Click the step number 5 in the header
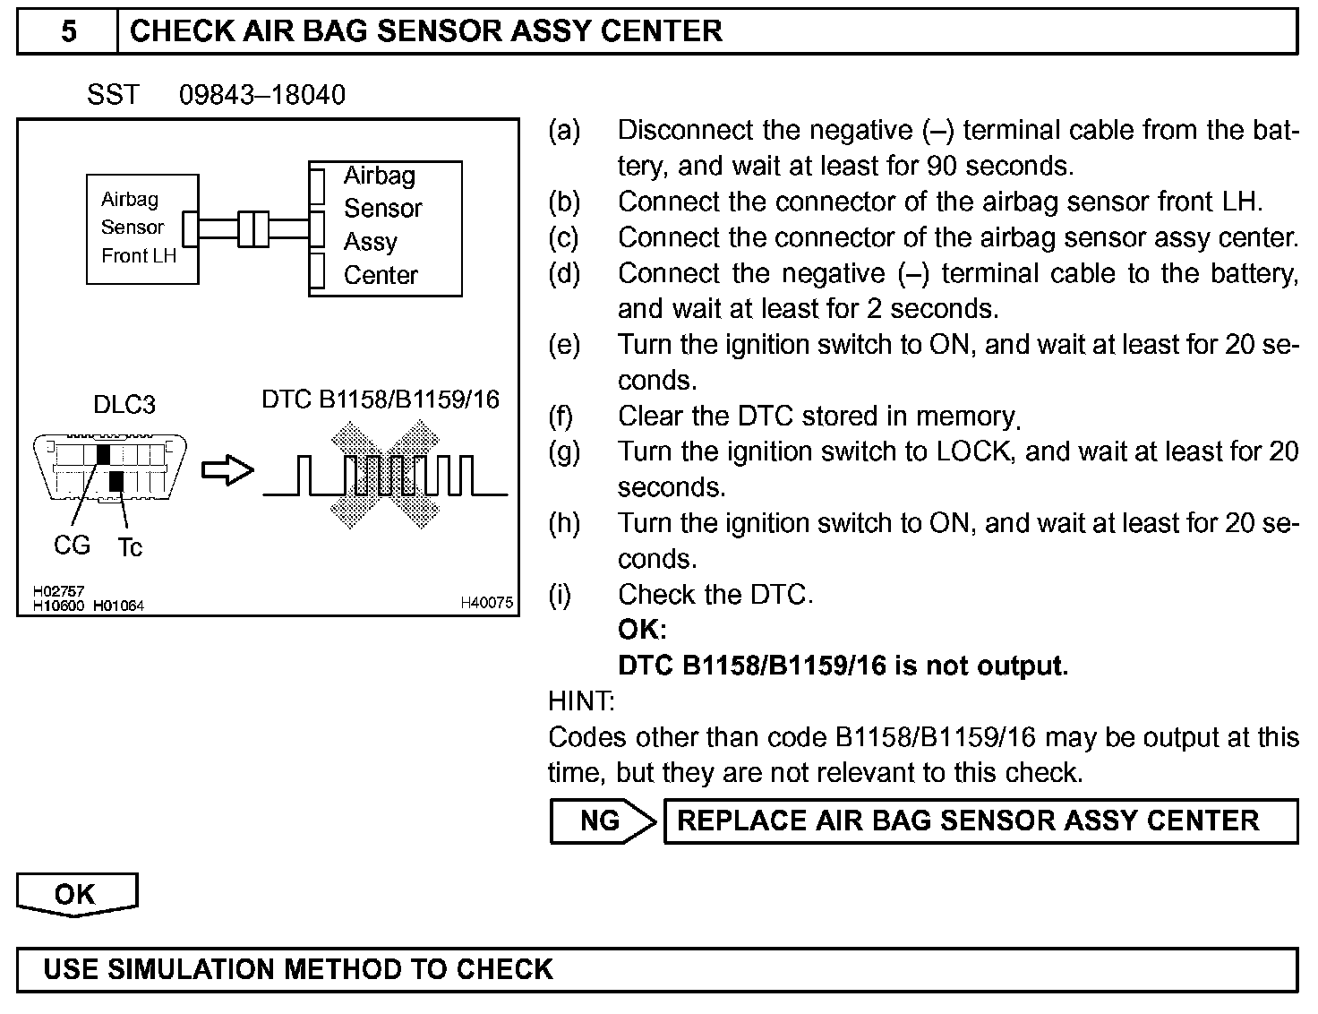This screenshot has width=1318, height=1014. [x=68, y=31]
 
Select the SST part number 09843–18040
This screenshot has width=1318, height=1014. [x=261, y=95]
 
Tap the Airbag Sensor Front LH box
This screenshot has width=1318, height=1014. [x=141, y=228]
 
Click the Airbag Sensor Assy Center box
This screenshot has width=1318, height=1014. [x=386, y=228]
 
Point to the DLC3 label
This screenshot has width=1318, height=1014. [x=124, y=405]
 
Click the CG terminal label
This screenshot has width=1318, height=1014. [x=72, y=545]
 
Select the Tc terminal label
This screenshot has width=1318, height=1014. [x=130, y=547]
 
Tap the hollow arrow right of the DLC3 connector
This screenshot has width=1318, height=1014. [x=227, y=470]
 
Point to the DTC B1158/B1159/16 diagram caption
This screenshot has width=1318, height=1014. [x=381, y=399]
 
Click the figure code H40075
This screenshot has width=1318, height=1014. [x=487, y=604]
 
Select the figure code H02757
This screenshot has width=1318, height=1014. [x=58, y=592]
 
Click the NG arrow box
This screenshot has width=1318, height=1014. [x=602, y=821]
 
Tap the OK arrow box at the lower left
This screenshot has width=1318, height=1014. [x=76, y=894]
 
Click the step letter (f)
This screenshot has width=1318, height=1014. [x=561, y=417]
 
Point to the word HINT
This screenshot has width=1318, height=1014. [x=581, y=701]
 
